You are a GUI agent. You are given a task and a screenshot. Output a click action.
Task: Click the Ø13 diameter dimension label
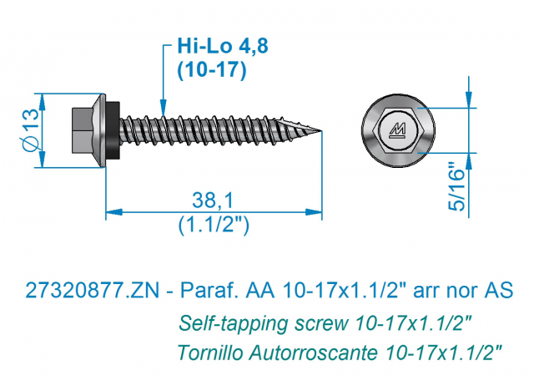coord(31,130)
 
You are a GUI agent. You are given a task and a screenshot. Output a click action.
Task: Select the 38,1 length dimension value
coord(213,201)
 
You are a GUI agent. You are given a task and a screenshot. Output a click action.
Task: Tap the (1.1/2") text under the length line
coord(214,225)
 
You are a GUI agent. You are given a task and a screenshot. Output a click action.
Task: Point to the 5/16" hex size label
coord(456,186)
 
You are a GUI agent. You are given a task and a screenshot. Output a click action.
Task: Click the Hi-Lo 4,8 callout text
coord(223,46)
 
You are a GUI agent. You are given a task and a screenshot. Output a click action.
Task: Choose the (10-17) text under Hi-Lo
coord(211,70)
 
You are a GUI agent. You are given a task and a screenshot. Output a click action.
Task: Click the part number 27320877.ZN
coord(93,291)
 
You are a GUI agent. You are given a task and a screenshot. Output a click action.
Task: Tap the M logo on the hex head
coord(397,130)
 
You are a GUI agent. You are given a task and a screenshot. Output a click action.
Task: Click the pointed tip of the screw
coord(321,130)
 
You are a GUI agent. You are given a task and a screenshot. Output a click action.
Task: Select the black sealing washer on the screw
coord(114,130)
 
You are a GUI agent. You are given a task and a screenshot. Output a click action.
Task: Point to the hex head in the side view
coord(83,130)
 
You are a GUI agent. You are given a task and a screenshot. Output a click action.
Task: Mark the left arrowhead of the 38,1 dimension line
coord(114,212)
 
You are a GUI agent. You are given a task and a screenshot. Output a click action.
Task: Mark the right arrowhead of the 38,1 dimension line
coord(314,212)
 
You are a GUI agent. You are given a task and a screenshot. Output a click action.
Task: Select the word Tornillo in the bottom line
coord(210,353)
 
